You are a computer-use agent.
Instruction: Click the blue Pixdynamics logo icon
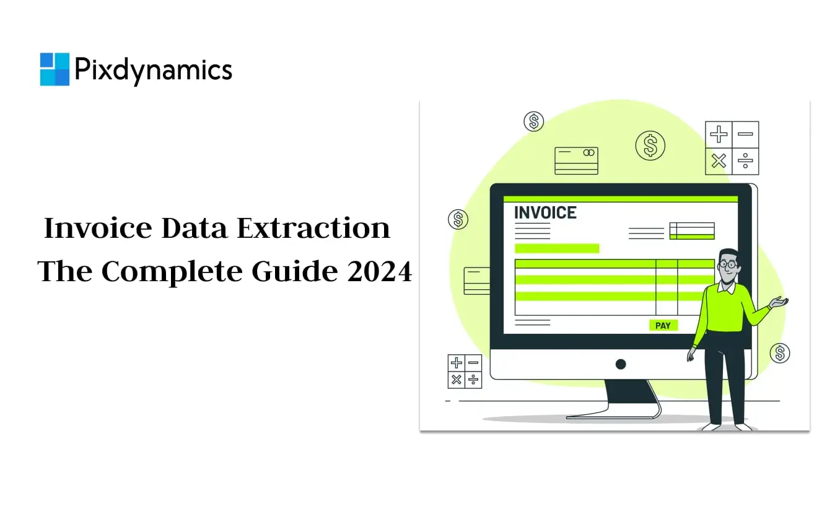pyautogui.click(x=55, y=69)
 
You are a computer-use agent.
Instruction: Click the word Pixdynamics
pyautogui.click(x=154, y=71)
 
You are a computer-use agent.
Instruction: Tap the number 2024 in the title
pyautogui.click(x=380, y=271)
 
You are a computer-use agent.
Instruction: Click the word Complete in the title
pyautogui.click(x=172, y=272)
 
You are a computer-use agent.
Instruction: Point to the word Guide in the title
pyautogui.click(x=295, y=271)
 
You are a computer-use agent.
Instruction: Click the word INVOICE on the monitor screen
pyautogui.click(x=545, y=212)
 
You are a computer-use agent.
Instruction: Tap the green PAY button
pyautogui.click(x=663, y=325)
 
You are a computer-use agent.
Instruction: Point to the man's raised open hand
pyautogui.click(x=779, y=302)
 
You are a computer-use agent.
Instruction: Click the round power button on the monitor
pyautogui.click(x=621, y=364)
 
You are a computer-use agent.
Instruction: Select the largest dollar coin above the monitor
pyautogui.click(x=650, y=146)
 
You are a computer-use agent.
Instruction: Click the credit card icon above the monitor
pyautogui.click(x=576, y=161)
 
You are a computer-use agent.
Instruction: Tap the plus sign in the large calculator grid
pyautogui.click(x=719, y=134)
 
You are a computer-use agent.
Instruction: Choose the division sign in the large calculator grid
pyautogui.click(x=745, y=161)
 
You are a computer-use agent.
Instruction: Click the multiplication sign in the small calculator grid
pyautogui.click(x=457, y=380)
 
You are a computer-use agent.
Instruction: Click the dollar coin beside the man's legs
pyautogui.click(x=780, y=353)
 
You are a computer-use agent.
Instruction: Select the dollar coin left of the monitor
pyautogui.click(x=458, y=219)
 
